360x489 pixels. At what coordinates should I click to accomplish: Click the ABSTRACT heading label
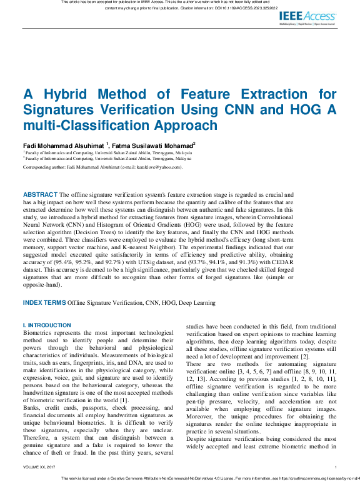coord(39,195)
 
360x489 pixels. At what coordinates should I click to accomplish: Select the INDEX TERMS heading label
coord(44,302)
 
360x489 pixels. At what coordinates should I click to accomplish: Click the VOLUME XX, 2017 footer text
coord(39,467)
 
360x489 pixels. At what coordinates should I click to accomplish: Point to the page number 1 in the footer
coord(336,467)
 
